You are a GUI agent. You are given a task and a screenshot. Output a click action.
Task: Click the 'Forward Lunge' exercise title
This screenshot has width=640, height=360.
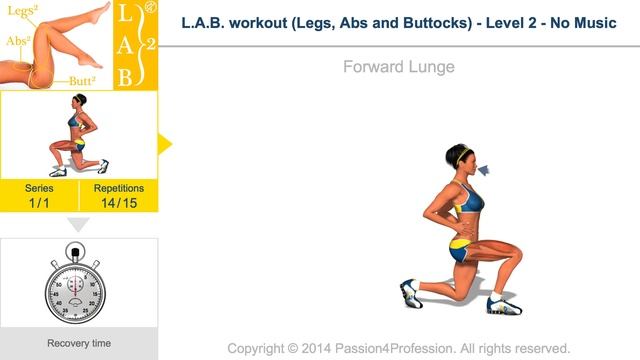(398, 68)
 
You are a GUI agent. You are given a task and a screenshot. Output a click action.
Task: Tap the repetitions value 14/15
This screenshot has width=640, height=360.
(119, 203)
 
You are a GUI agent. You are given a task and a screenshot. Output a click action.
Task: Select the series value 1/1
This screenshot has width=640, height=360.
(39, 203)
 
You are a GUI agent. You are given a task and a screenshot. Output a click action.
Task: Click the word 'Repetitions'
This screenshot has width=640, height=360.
(119, 188)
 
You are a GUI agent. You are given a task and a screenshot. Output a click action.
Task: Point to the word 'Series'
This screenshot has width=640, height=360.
(39, 188)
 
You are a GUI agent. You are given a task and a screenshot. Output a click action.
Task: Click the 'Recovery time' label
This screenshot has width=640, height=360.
(79, 343)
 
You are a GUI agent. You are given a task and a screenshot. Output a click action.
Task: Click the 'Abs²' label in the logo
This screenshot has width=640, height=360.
(16, 42)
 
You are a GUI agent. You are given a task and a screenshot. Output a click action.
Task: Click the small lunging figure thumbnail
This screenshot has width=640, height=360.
(78, 135)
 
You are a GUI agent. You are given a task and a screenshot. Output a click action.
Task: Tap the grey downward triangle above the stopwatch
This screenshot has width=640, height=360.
(78, 224)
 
